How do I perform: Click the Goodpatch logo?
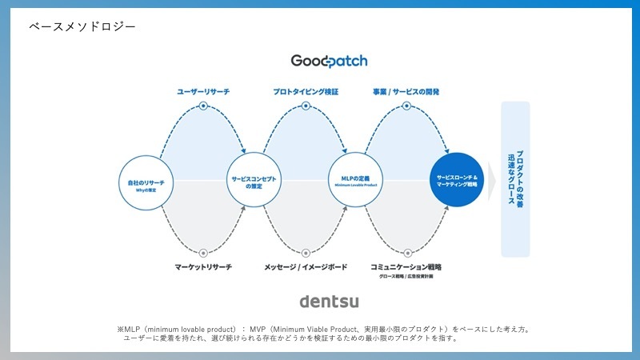[330, 61]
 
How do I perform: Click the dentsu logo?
[329, 301]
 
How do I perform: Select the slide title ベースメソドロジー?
[82, 26]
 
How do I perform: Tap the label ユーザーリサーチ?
[203, 93]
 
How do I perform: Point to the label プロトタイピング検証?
[306, 93]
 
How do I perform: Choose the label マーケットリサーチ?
[203, 266]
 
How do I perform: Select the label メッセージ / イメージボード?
[306, 266]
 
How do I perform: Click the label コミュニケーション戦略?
[406, 266]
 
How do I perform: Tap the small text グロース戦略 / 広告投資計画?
[406, 277]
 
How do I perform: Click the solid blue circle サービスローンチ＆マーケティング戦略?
[457, 179]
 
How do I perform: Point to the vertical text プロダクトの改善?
[521, 180]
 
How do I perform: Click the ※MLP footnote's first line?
[323, 329]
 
